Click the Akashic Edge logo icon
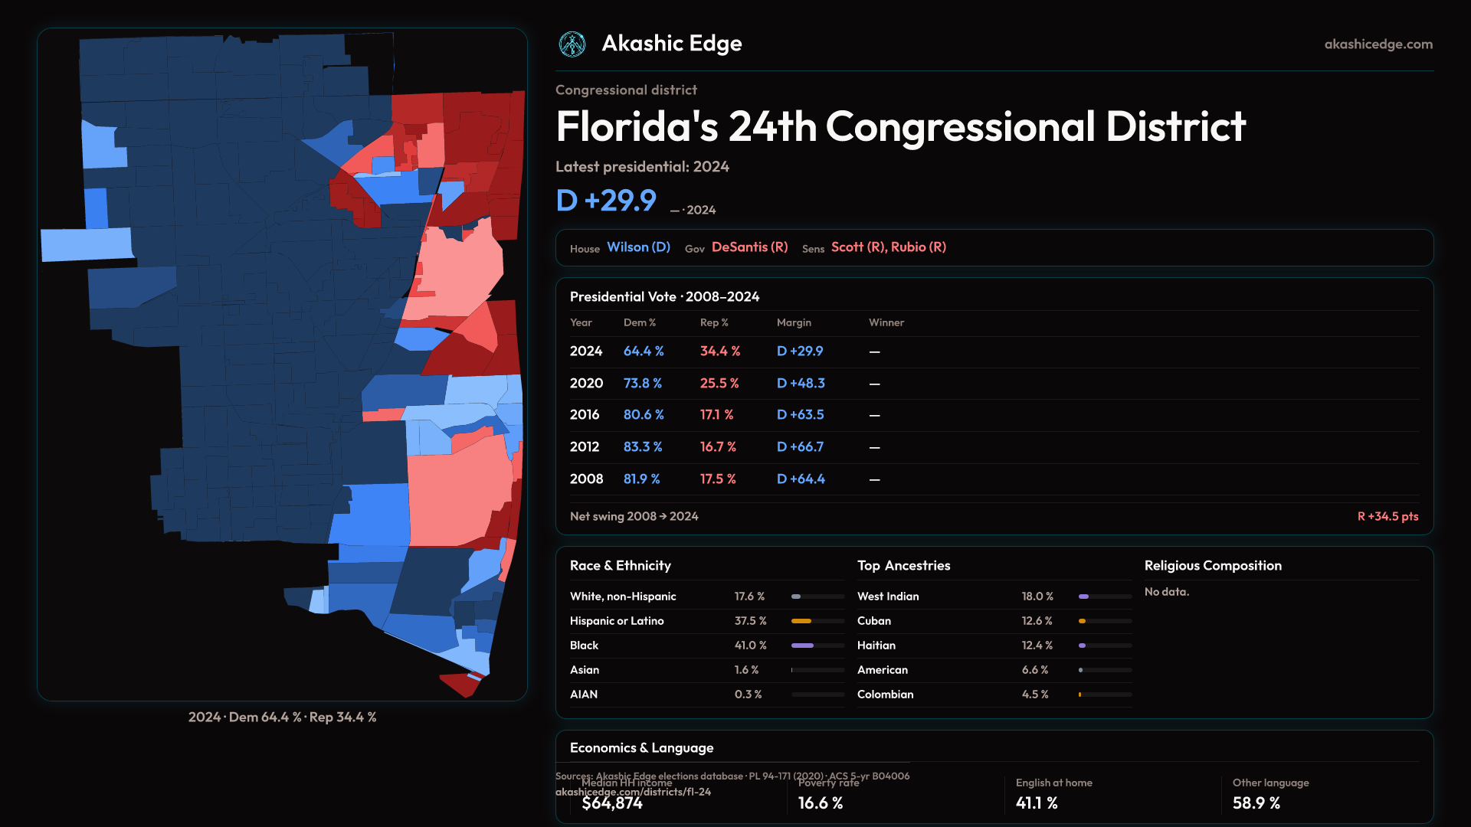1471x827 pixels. (572, 44)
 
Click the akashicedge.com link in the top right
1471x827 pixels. (1378, 44)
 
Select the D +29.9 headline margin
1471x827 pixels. (606, 201)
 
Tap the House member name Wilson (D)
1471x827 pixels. (638, 247)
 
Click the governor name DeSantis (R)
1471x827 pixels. (749, 247)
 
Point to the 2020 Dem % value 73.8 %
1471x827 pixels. (642, 383)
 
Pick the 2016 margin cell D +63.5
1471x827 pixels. (800, 415)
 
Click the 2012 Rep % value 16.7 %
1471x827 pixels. (718, 447)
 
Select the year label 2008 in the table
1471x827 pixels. (586, 479)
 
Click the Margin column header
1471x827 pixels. (794, 322)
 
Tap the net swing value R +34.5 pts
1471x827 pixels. (1387, 517)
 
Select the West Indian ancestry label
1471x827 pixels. (888, 597)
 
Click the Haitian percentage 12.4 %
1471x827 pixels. (1037, 646)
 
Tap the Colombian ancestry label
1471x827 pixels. (885, 695)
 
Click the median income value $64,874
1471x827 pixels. (612, 803)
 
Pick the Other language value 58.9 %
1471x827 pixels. (1256, 803)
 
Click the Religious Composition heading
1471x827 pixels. (1213, 566)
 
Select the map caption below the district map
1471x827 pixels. (282, 717)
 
